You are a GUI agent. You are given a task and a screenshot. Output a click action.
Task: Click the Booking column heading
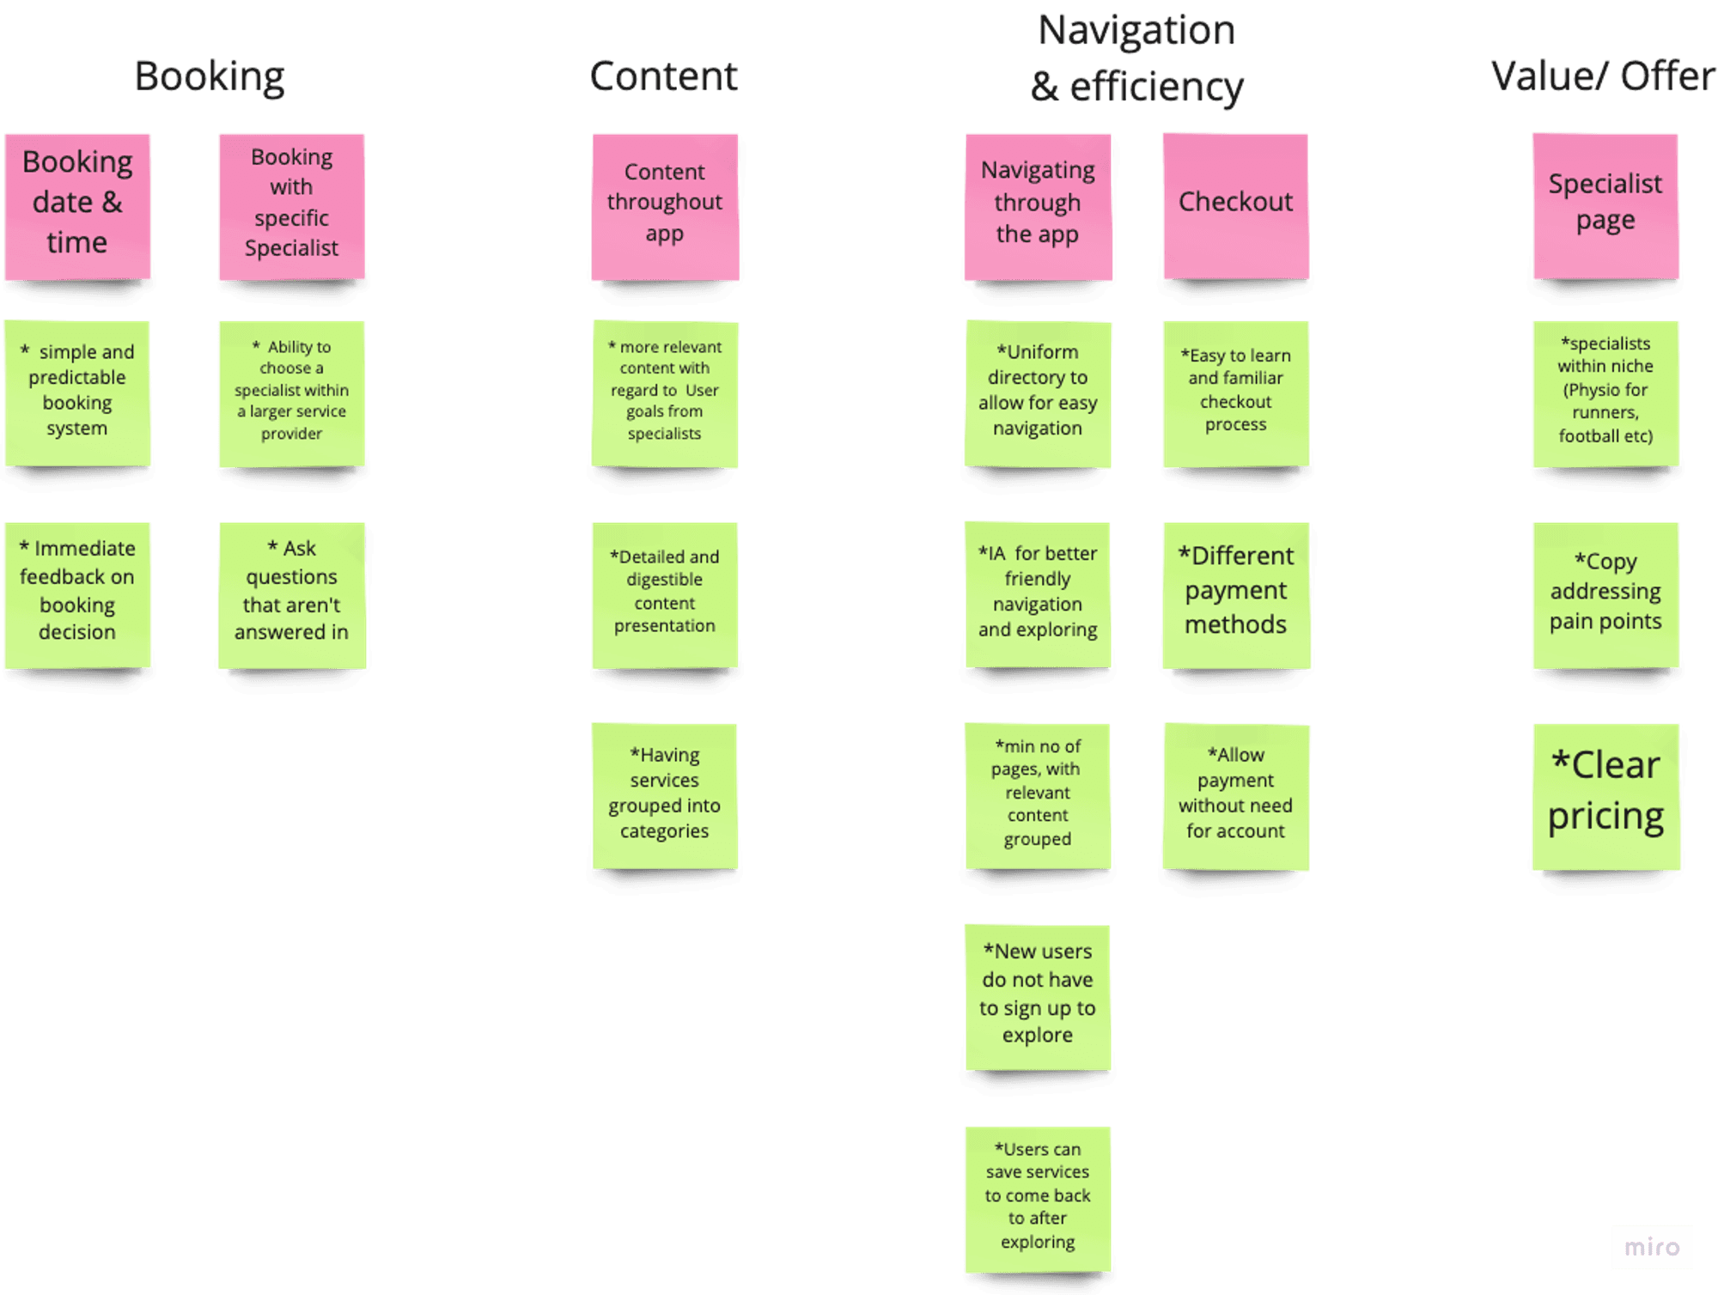tap(209, 76)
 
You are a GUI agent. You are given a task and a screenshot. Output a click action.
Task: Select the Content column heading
tap(663, 76)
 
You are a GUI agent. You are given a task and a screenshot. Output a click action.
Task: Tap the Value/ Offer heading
tap(1603, 76)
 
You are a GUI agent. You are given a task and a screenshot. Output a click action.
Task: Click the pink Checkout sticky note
tap(1235, 206)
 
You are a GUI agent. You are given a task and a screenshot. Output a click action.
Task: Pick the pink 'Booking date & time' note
tap(77, 206)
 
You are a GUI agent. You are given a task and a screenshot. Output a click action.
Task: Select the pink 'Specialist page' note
tap(1605, 206)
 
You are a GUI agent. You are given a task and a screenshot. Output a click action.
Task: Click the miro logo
tap(1652, 1247)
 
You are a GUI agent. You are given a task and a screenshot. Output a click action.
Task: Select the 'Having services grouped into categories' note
tap(664, 795)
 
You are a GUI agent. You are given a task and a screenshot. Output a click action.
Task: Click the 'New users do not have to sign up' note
tap(1038, 996)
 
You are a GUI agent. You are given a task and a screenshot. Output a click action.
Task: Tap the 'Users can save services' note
tap(1038, 1198)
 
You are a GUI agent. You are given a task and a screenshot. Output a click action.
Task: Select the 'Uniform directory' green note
tap(1038, 393)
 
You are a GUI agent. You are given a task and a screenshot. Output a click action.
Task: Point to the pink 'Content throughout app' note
tap(664, 206)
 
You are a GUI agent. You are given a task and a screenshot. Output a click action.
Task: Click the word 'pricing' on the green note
tap(1605, 817)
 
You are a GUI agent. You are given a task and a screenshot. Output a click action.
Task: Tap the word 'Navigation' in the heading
tap(1136, 31)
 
